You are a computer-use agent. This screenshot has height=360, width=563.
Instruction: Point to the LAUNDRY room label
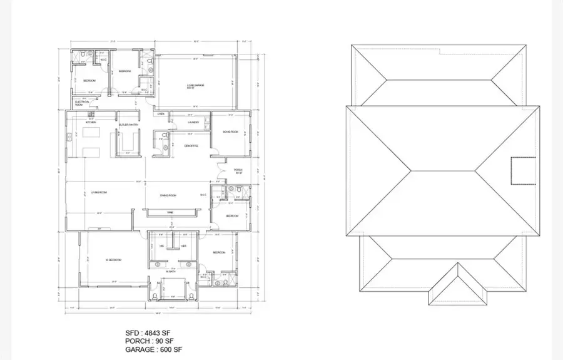tap(193, 122)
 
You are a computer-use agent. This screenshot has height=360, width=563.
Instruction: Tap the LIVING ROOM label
tap(99, 192)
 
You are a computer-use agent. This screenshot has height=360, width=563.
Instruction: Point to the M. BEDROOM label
tap(113, 260)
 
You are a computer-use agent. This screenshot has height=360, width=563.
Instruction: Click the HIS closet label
tap(161, 246)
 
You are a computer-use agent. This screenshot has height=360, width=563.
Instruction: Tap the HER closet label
tap(184, 246)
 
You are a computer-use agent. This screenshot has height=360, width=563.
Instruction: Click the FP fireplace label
tap(99, 229)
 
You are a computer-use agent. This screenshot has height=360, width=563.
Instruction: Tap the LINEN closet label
tap(161, 114)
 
